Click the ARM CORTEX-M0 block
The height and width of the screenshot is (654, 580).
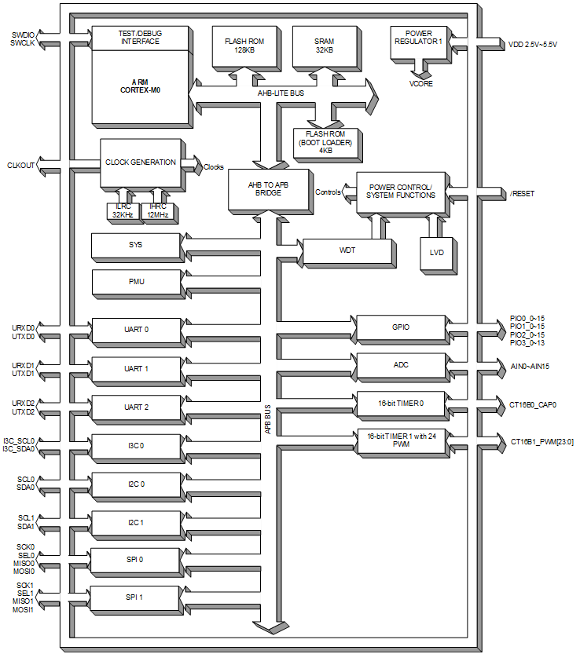(x=141, y=86)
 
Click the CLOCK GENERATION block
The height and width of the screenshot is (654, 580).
(x=141, y=163)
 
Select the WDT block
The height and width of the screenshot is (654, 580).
(x=347, y=251)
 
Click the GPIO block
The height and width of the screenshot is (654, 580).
(x=401, y=327)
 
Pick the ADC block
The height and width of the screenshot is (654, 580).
(x=401, y=365)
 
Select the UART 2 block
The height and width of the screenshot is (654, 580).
(x=135, y=407)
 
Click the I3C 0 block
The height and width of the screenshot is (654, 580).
(x=135, y=446)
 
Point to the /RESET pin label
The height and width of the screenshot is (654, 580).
(x=521, y=193)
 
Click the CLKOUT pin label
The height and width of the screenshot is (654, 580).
(x=20, y=165)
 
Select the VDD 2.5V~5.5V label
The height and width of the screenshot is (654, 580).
(x=532, y=45)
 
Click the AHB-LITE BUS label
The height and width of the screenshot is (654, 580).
(x=281, y=93)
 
